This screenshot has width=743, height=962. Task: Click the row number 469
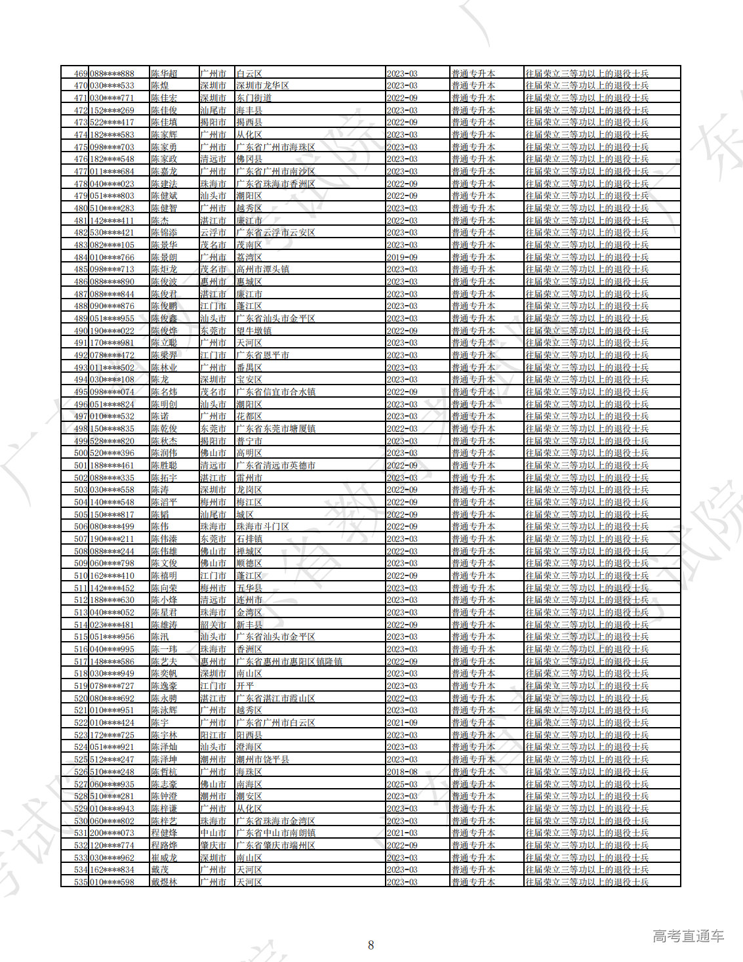pos(80,73)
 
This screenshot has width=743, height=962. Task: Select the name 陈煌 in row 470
pos(160,86)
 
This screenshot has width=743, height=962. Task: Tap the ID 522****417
pos(111,123)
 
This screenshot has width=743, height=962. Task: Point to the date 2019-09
pos(402,257)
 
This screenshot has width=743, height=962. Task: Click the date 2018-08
pos(402,772)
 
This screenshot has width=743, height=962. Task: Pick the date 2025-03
pos(402,784)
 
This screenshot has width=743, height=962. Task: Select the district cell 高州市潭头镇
pos(262,270)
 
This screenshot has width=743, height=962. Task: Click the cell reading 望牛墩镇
pos(254,331)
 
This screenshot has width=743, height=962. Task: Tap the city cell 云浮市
pos(213,233)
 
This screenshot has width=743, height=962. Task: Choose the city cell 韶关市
pos(213,625)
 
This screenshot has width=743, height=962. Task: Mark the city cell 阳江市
pos(213,735)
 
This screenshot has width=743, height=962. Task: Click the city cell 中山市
pos(213,833)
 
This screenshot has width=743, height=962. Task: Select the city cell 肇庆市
pos(213,845)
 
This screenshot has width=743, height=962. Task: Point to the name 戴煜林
pos(164,882)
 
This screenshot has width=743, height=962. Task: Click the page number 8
pos(371,945)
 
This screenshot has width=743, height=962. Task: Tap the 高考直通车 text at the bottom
pos(688,936)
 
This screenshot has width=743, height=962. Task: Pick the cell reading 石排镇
pos(249,539)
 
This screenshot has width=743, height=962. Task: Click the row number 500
pos(80,453)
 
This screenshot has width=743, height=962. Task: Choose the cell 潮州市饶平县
pos(262,759)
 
